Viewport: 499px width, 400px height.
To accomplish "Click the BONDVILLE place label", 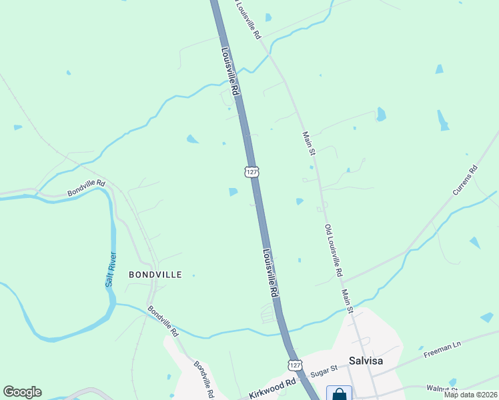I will [155, 275].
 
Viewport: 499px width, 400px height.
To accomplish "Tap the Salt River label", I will [109, 270].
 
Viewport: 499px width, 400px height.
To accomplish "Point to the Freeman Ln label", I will [442, 351].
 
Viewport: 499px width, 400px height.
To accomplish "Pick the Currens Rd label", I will [465, 181].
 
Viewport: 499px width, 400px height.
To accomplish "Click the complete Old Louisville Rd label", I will [333, 251].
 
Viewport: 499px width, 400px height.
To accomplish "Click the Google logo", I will [22, 392].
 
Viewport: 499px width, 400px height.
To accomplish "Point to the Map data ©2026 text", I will [471, 395].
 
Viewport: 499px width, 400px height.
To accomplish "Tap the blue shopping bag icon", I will [340, 395].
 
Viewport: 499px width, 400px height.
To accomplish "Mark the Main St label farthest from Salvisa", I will [308, 143].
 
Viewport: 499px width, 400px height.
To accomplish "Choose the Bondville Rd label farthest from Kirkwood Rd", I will [86, 188].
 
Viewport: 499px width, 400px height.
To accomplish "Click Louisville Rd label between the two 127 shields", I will [270, 272].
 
